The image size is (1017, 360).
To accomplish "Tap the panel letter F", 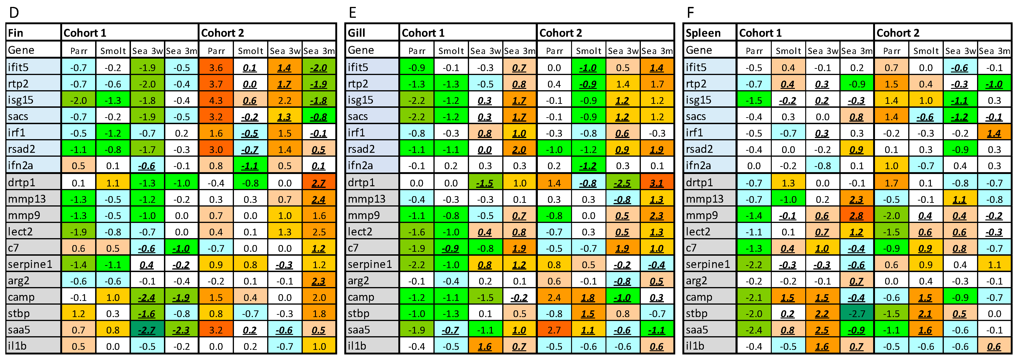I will [x=690, y=13].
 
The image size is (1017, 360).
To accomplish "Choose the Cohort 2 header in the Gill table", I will [x=561, y=33].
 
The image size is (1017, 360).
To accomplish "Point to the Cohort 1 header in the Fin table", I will [x=85, y=33].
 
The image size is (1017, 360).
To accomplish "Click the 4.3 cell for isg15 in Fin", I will [x=216, y=100].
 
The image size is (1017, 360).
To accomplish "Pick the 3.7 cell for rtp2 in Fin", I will [x=216, y=84].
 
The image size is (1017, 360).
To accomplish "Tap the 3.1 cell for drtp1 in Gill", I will [x=657, y=183].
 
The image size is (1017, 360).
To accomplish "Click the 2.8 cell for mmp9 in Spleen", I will [x=856, y=216].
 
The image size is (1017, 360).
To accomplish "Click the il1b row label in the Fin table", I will [x=17, y=346].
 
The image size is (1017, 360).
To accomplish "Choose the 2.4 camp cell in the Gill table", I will [x=554, y=297].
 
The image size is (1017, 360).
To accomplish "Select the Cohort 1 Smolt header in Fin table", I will [x=113, y=51].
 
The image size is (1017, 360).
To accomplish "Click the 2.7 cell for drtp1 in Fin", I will [x=319, y=183].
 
